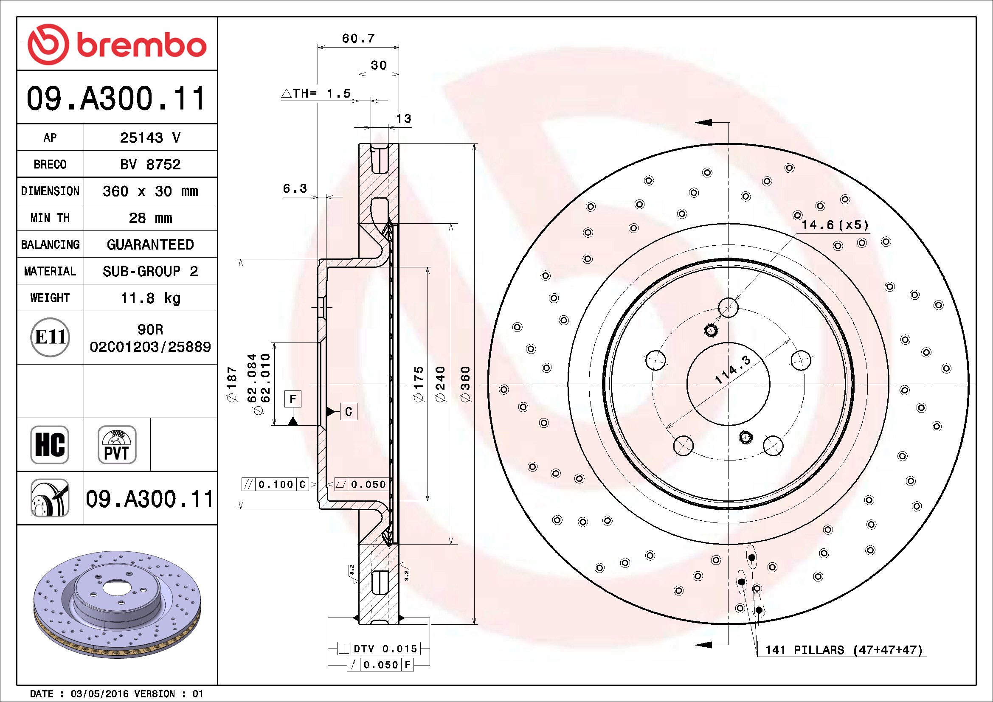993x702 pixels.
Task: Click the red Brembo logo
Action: coord(117,45)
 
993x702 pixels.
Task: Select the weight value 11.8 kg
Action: coord(150,298)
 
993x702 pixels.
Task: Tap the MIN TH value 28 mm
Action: coord(150,218)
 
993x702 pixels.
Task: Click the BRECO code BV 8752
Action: coord(150,164)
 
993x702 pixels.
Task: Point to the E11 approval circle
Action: coord(50,337)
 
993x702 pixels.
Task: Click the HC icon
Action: coord(50,444)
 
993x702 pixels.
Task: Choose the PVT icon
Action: coord(117,444)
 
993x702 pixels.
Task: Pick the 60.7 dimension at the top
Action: coord(358,39)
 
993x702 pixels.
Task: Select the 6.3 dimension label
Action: coord(295,188)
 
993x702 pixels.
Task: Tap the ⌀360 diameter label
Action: coord(465,384)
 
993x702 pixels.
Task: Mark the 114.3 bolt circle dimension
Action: coord(733,370)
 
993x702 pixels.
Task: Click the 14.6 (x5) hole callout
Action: coord(835,225)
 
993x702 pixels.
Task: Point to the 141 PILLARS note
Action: coord(844,650)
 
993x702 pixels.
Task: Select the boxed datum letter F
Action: coord(293,399)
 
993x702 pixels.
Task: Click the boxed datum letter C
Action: coord(349,412)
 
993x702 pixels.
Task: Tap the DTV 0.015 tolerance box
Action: coord(378,649)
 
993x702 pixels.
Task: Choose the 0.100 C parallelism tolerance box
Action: coord(275,484)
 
